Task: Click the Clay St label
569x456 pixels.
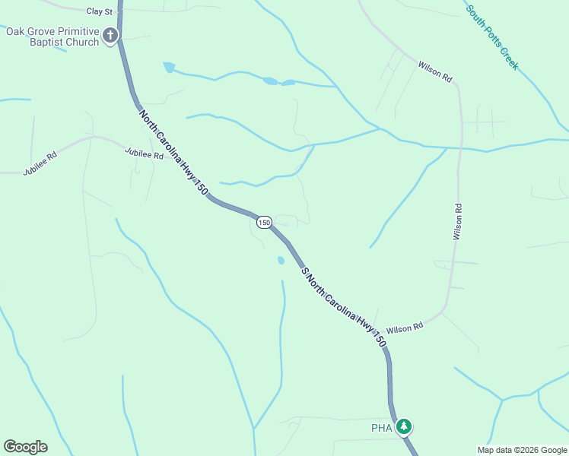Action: click(x=99, y=11)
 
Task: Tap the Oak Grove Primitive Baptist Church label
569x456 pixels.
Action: click(x=52, y=36)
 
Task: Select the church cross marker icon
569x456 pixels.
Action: click(x=110, y=35)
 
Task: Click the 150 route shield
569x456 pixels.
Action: click(x=263, y=222)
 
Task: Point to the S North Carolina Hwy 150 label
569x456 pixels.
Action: click(x=343, y=308)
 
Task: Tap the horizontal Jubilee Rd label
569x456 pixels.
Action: click(x=145, y=155)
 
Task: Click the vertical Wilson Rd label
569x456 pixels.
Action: click(x=458, y=222)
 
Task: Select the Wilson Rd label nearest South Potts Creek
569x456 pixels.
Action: click(x=435, y=72)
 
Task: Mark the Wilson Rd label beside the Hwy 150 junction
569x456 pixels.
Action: click(x=404, y=329)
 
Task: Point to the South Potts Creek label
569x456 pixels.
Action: click(x=492, y=38)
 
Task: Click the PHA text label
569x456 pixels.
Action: click(x=381, y=428)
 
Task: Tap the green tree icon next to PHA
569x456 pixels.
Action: click(x=404, y=426)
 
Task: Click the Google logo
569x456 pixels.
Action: click(x=25, y=447)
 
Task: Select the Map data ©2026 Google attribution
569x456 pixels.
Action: click(x=522, y=450)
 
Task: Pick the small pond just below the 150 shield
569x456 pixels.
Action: click(x=281, y=261)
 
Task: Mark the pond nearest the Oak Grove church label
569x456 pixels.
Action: click(x=168, y=68)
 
